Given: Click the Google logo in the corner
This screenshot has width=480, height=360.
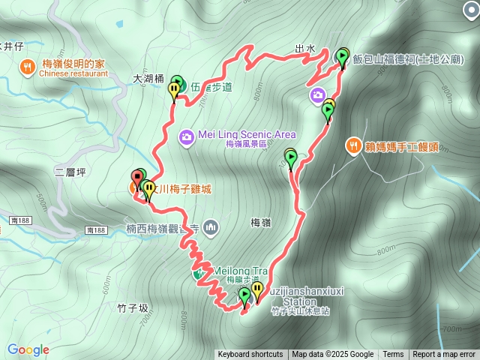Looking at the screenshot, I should click(x=28, y=349).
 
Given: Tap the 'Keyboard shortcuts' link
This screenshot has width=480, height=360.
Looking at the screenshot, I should click(x=250, y=355).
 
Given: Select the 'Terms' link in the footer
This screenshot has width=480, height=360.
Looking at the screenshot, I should click(x=393, y=355).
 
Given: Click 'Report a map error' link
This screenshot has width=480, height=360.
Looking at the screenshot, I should click(x=445, y=355).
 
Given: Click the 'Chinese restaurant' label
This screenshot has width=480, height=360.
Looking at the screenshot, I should click(x=70, y=73).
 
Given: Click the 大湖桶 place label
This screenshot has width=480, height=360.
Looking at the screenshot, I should click(x=148, y=77).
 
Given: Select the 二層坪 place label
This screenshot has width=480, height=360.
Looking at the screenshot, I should click(x=70, y=172).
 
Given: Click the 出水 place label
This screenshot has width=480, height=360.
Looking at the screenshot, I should click(x=304, y=49).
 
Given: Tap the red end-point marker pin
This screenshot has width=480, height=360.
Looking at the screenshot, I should click(x=138, y=178).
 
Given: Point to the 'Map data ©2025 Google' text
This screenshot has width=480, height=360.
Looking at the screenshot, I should click(x=333, y=355).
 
